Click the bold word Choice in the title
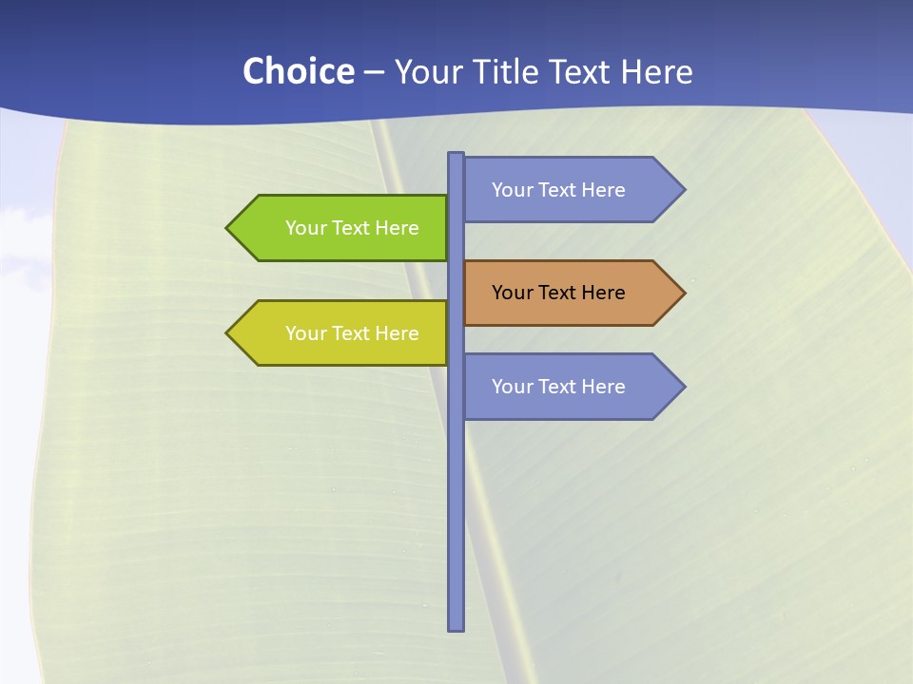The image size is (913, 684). point(298,71)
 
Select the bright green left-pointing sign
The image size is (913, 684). point(342,228)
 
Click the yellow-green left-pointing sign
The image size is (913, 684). point(342,333)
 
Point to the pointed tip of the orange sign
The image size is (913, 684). point(683,293)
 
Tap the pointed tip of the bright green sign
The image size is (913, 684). point(228,228)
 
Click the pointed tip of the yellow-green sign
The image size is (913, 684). point(228,333)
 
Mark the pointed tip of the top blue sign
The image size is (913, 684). point(683,190)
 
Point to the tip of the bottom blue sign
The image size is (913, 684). point(683,387)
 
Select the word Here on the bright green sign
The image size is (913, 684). point(397,228)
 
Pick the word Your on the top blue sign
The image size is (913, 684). point(512,190)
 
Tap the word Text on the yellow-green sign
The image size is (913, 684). point(351,333)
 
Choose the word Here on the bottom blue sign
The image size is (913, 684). point(603,387)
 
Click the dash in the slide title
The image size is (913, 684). point(374,72)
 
